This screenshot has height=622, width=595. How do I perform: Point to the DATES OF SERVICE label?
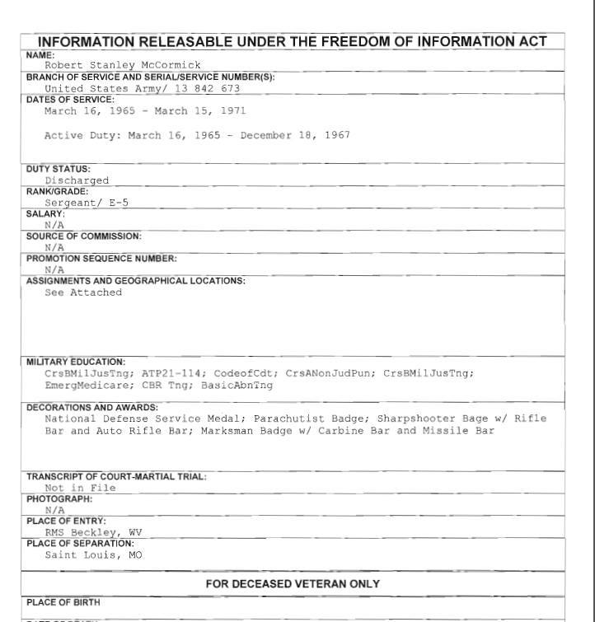[70, 100]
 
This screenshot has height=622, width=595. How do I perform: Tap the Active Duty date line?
[197, 135]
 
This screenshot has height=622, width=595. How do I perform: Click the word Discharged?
[77, 180]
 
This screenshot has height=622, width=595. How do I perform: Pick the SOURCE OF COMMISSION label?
[83, 236]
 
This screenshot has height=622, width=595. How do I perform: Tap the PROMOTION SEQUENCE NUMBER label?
[101, 258]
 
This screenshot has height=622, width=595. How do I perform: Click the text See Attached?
[83, 292]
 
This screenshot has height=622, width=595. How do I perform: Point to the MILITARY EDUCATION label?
[76, 362]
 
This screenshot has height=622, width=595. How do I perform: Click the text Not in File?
[80, 488]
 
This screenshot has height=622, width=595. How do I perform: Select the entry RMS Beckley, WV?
[93, 532]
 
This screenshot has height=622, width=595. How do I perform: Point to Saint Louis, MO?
[93, 554]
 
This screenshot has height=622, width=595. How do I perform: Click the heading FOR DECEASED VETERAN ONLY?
[293, 584]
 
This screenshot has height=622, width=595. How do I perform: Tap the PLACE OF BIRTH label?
[63, 602]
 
